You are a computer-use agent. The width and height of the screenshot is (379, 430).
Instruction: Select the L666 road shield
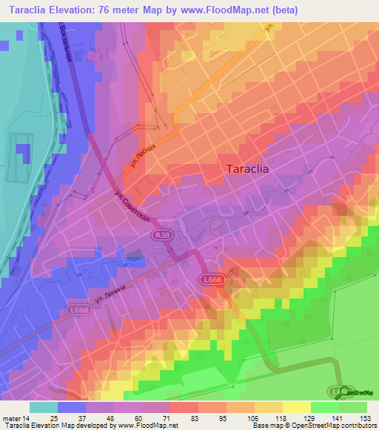[x=212, y=279]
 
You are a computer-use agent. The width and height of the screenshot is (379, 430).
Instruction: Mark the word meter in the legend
[x=10, y=417]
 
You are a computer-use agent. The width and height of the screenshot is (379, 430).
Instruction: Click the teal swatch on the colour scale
[x=44, y=407]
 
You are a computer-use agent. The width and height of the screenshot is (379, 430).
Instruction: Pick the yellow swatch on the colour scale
[x=296, y=407]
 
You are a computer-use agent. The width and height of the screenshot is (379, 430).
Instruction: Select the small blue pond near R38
[x=135, y=257]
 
